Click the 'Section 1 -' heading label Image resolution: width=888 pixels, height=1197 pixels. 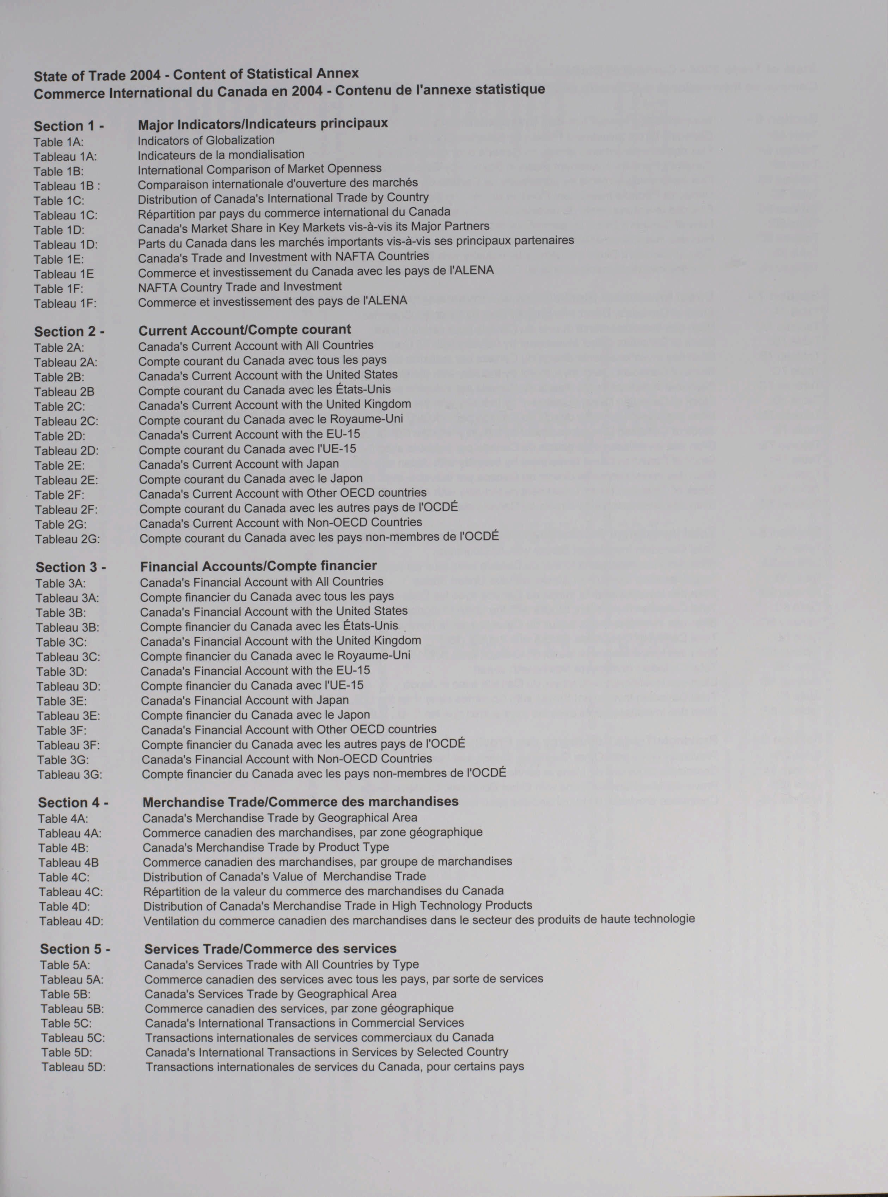pos(69,126)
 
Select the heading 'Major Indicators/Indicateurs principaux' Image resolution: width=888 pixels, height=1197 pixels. pos(263,124)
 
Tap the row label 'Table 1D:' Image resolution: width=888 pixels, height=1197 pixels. pos(59,230)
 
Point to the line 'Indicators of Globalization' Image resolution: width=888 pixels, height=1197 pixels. pos(206,140)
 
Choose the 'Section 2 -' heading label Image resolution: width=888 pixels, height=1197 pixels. pos(69,332)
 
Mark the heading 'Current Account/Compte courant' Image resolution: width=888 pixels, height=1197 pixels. pos(245,330)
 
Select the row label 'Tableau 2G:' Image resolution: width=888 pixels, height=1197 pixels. pos(68,539)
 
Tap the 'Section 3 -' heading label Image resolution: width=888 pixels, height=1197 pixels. pos(71,567)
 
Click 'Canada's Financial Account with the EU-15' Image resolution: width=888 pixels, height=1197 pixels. pos(255,671)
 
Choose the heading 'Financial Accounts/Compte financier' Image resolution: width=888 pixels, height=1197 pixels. pos(258,566)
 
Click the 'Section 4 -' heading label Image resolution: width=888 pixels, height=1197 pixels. pos(73,803)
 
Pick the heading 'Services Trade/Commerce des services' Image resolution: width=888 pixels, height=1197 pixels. pos(270,949)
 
